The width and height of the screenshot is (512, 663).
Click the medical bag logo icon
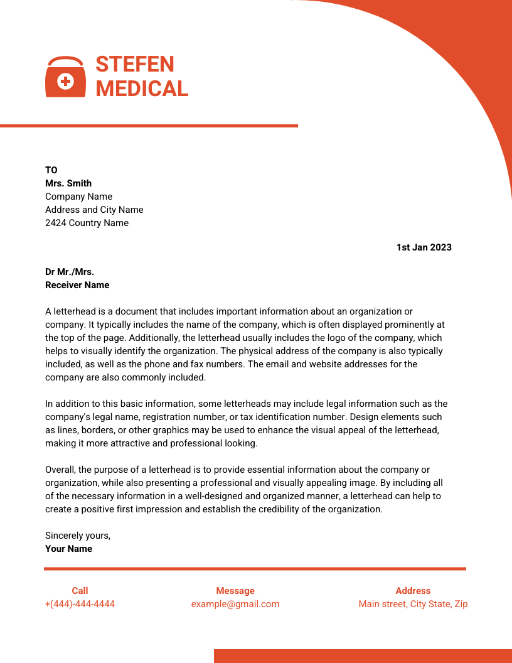[65, 77]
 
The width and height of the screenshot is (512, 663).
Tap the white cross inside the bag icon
[65, 81]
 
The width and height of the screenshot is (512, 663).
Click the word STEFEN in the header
[135, 64]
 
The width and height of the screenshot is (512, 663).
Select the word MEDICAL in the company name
[142, 89]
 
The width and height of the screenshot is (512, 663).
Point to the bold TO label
[51, 170]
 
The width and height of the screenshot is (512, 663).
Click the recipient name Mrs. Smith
[68, 183]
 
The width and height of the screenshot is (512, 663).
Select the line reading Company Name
[78, 197]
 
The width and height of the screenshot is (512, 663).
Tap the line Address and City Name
[94, 210]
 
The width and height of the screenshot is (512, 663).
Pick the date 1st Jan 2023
[424, 247]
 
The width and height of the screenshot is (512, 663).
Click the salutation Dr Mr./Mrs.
[70, 272]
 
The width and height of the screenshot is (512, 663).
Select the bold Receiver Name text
[77, 285]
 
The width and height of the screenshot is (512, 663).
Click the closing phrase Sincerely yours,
[78, 536]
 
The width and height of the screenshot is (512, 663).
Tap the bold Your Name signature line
[68, 549]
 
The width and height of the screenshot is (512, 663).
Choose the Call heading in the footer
[80, 591]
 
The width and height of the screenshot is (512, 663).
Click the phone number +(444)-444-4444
[80, 604]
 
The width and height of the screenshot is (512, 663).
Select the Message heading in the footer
[235, 591]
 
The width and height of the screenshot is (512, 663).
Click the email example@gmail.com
[235, 604]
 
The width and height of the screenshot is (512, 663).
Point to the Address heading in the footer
[413, 591]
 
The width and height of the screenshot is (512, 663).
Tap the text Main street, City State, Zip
[413, 604]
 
